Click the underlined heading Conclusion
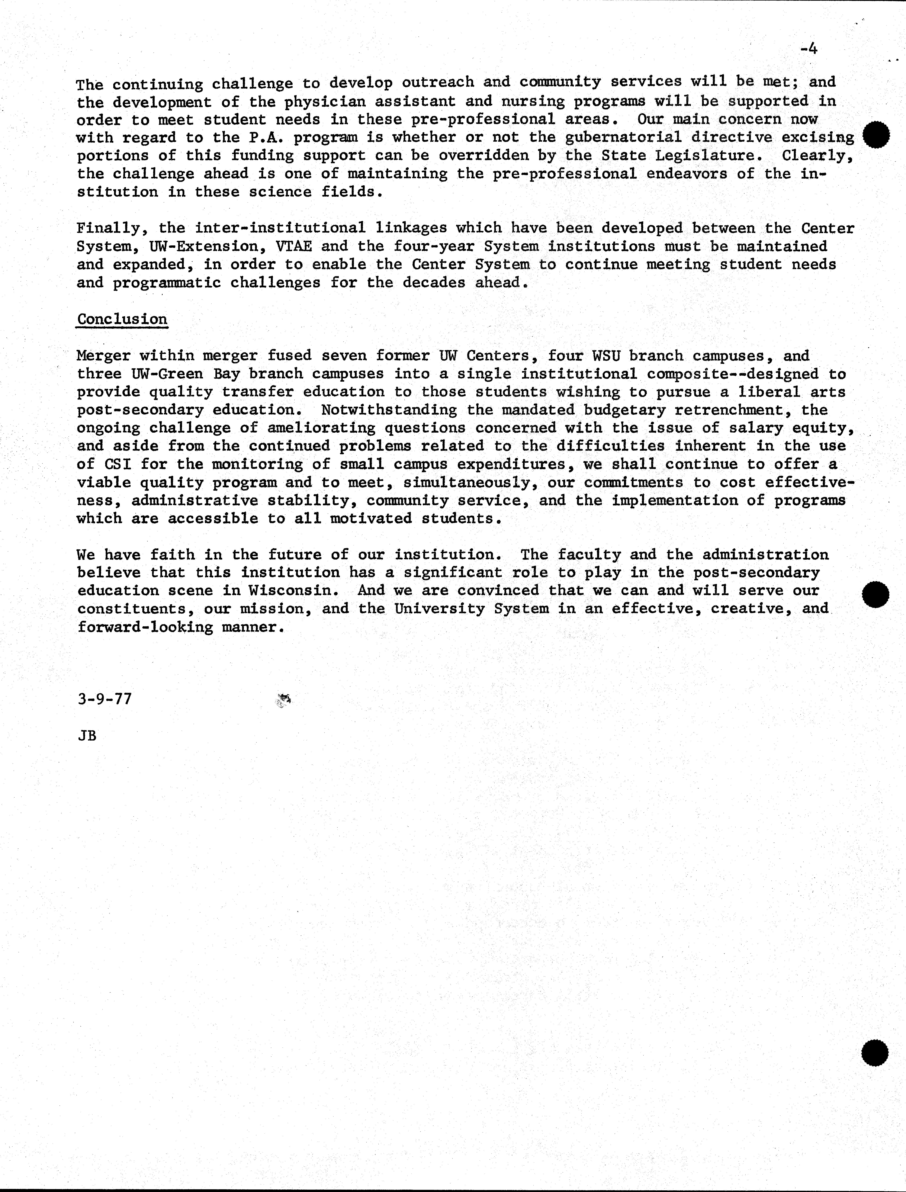[x=123, y=319]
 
